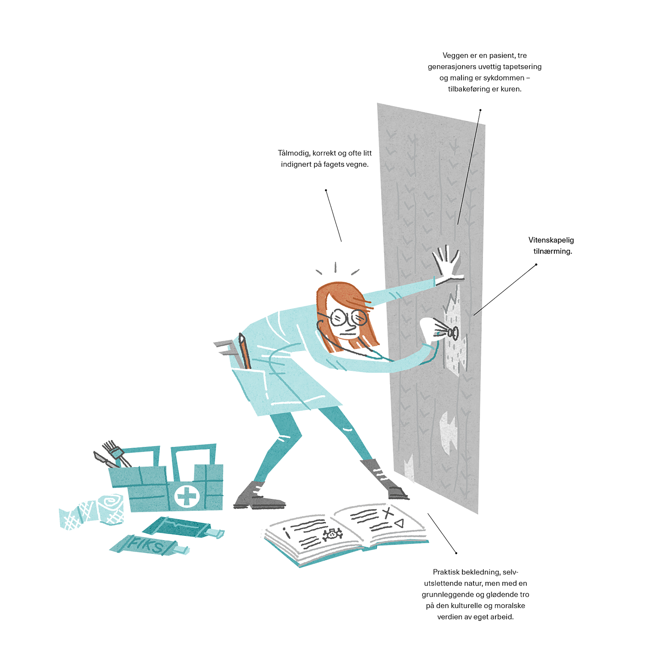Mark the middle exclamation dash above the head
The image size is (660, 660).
tap(336, 267)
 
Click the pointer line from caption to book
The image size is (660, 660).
tap(442, 533)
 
